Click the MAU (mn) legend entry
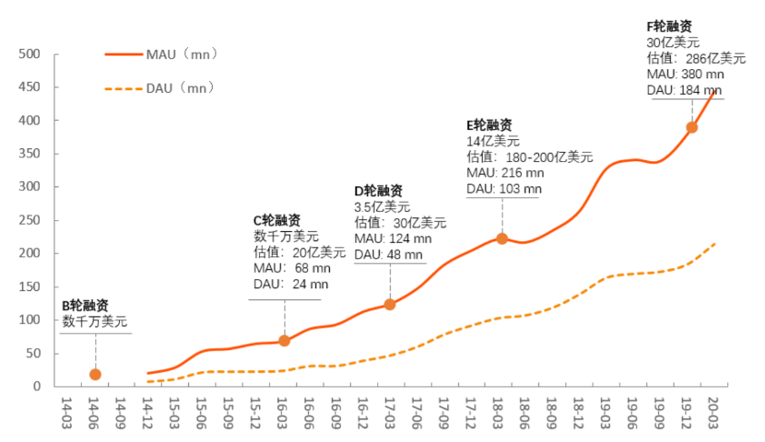[x=181, y=54]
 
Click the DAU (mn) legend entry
[x=181, y=88]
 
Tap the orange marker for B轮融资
[x=95, y=374]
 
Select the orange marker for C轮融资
[x=284, y=341]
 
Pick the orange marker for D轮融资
[x=390, y=304]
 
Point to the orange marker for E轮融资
[x=502, y=238]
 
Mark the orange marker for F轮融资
[x=692, y=127]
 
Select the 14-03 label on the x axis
[x=67, y=411]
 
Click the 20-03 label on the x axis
[x=712, y=411]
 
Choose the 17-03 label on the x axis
[x=390, y=411]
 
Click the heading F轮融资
[x=670, y=27]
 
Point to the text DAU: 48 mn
[x=389, y=254]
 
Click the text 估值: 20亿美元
[x=300, y=251]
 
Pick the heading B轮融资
[x=86, y=306]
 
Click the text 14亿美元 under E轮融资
[x=493, y=141]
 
